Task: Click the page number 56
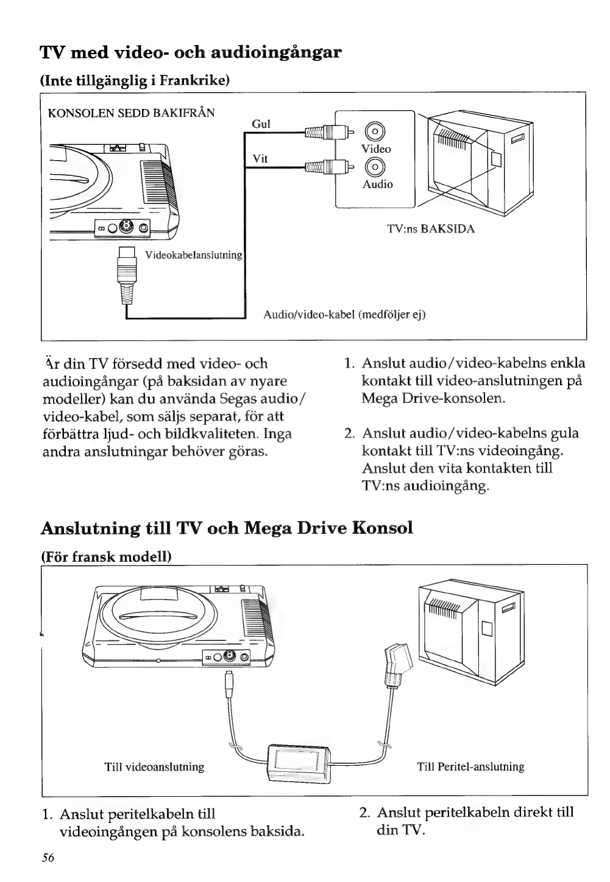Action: tap(48, 858)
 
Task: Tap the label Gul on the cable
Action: tap(261, 124)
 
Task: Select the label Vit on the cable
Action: tap(260, 158)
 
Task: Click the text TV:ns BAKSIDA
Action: tap(430, 229)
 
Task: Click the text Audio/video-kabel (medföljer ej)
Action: tap(344, 314)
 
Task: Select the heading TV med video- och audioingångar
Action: tap(190, 52)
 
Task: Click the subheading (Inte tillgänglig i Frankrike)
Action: tap(134, 80)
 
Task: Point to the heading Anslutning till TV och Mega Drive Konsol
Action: tap(227, 528)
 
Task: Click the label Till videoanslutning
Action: tap(154, 767)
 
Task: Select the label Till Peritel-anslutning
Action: tap(470, 767)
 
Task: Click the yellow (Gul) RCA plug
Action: tap(327, 131)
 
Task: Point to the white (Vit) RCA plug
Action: tap(327, 166)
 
